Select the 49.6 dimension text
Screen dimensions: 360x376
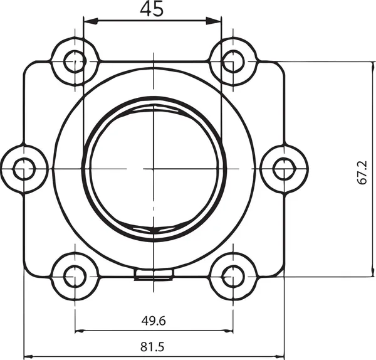coord(154,321)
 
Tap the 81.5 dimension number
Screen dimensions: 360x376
coord(154,347)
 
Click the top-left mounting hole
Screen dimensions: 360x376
coord(75,61)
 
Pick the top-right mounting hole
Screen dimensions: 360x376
coord(232,61)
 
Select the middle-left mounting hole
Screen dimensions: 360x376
coord(24,169)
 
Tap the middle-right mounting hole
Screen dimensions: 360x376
coord(284,169)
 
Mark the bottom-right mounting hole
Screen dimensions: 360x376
coord(232,276)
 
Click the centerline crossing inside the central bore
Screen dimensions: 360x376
coord(154,169)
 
